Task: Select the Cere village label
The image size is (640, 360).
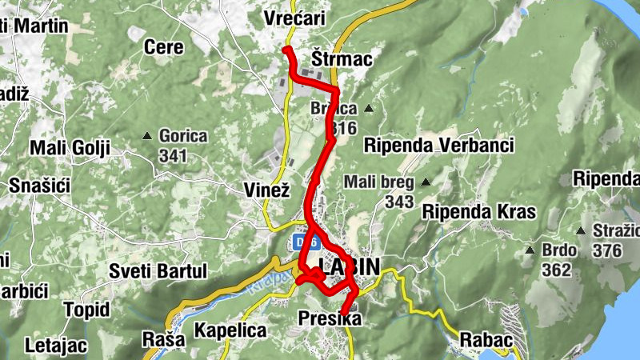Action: (163, 47)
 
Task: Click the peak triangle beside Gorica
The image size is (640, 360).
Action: (147, 137)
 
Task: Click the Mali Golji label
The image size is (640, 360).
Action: (69, 148)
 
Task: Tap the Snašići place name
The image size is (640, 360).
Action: (40, 186)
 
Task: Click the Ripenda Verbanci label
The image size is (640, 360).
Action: (438, 145)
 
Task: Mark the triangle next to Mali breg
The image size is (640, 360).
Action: (426, 182)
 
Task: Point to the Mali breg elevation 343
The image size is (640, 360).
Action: (398, 202)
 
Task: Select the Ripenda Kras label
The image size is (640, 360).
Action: (478, 212)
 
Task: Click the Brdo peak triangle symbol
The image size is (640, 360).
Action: (529, 250)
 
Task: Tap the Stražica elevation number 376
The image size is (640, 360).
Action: (607, 250)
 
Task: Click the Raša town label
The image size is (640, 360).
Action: (162, 338)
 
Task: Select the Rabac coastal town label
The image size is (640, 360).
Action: (486, 340)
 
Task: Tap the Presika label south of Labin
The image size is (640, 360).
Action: (330, 319)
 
